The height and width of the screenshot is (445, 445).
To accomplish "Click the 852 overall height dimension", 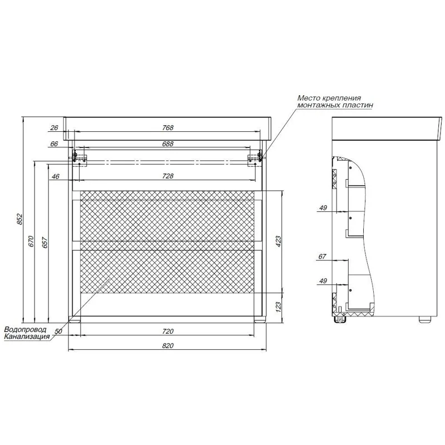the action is click(x=19, y=219).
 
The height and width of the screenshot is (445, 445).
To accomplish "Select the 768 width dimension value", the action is click(x=168, y=128).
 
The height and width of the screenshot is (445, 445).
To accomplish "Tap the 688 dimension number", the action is click(x=168, y=144).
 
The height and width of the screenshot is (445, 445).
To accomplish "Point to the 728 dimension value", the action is click(x=168, y=176).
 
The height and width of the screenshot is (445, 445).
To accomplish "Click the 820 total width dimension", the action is click(x=168, y=345).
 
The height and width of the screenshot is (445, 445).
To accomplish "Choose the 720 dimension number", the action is click(x=168, y=331).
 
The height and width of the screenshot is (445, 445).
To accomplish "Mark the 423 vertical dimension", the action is click(x=278, y=241).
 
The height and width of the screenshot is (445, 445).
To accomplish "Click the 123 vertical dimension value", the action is click(x=278, y=307).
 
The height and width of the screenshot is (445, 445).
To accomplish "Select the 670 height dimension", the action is click(x=31, y=241).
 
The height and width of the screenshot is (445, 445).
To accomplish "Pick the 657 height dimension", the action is click(x=45, y=241).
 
